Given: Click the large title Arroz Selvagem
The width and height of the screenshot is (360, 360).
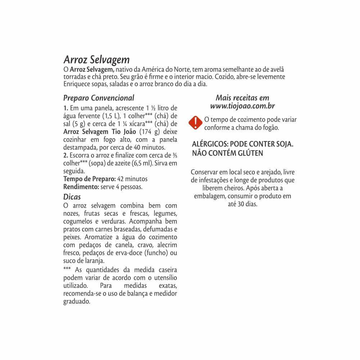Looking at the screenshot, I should click(x=96, y=59).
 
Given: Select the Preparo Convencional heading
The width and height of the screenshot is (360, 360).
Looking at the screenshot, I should click(x=99, y=98).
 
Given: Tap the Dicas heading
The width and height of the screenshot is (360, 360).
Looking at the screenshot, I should click(x=72, y=197).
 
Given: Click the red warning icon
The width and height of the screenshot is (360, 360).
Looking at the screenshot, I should click(x=195, y=123).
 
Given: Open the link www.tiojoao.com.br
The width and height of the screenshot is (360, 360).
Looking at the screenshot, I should click(x=243, y=106).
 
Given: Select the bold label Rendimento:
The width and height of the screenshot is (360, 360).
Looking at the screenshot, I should click(x=81, y=186).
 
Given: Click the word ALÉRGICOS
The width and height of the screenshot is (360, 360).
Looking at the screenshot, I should click(x=210, y=144).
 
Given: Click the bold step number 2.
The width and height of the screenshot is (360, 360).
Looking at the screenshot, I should click(x=66, y=156).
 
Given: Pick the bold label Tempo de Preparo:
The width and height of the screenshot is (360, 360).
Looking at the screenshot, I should click(x=89, y=179).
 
